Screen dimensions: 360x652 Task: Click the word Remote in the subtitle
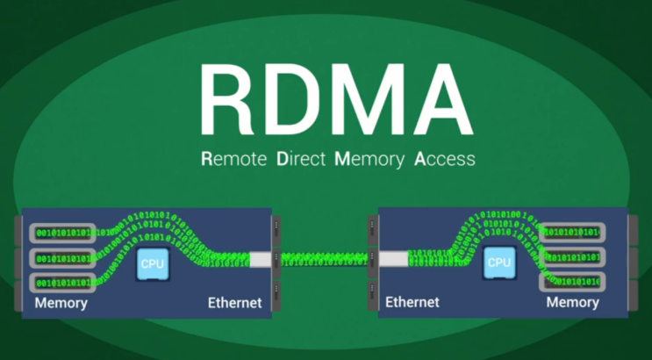[233, 160]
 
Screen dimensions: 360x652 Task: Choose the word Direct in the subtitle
[300, 160]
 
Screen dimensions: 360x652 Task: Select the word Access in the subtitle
[445, 160]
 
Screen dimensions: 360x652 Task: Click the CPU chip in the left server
[152, 263]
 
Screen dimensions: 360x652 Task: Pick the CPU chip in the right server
[499, 262]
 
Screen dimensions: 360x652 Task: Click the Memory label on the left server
[61, 303]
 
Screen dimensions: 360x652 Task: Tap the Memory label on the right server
[572, 302]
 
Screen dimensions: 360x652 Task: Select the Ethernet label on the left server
[234, 303]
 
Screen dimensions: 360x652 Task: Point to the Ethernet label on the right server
[412, 302]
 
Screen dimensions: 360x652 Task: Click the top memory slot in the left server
[64, 234]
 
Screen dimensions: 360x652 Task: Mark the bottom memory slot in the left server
[64, 283]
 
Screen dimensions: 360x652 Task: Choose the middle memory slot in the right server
[572, 257]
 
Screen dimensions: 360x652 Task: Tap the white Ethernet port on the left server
[262, 260]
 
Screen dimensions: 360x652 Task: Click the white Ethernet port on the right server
[394, 259]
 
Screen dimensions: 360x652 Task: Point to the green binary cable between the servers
[325, 259]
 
